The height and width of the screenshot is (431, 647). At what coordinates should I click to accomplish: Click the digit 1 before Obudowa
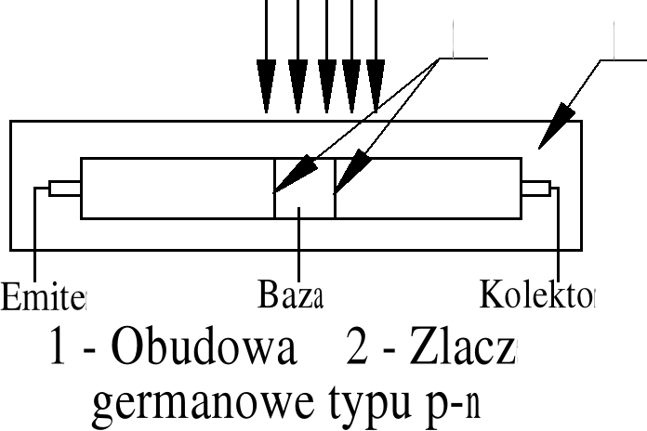click(59, 350)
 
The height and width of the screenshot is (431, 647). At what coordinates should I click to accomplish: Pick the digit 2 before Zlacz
click(358, 350)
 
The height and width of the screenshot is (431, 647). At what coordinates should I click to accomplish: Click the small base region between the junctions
click(304, 189)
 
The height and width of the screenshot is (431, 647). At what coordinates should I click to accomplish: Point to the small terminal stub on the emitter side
click(64, 189)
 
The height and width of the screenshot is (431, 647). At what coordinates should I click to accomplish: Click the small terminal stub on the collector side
click(535, 189)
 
